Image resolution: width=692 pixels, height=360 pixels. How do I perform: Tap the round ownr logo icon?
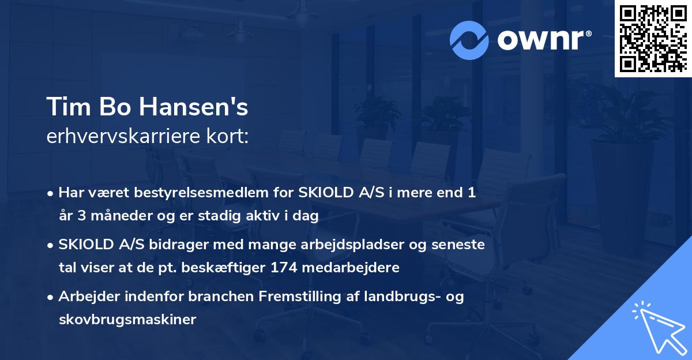[470, 40]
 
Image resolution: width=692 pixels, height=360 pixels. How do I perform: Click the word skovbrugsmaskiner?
[127, 320]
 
